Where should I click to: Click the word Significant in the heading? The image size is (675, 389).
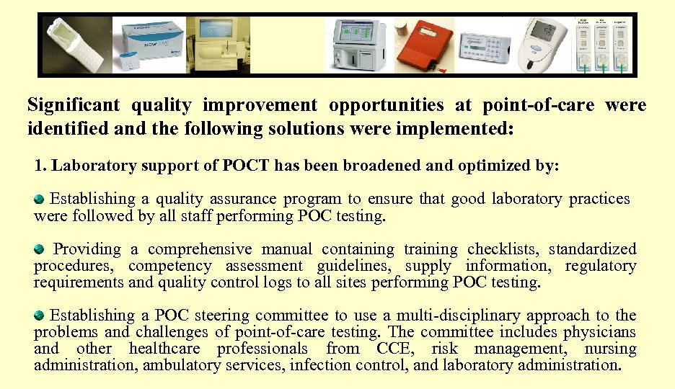pos(73,106)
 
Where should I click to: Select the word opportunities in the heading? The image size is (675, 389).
pos(386,106)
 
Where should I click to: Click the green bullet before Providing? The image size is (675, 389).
pos(40,249)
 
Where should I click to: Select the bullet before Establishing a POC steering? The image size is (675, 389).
pos(40,315)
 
